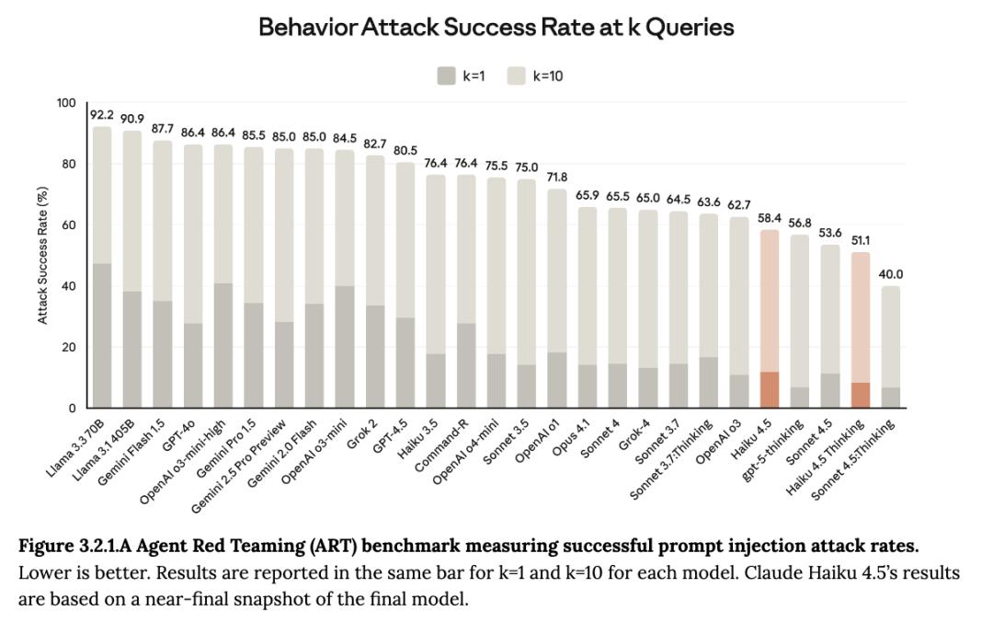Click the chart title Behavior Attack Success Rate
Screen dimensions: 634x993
point(496,28)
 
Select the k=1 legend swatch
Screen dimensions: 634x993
point(446,76)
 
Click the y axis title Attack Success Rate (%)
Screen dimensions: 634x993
point(42,255)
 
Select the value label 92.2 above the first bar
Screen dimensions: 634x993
point(101,115)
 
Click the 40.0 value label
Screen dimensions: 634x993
point(890,274)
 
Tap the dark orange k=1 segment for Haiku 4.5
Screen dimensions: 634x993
point(770,389)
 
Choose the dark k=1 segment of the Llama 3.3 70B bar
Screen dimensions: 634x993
point(101,336)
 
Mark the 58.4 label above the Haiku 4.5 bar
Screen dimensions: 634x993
point(770,218)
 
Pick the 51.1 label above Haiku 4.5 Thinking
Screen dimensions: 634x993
point(860,240)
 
